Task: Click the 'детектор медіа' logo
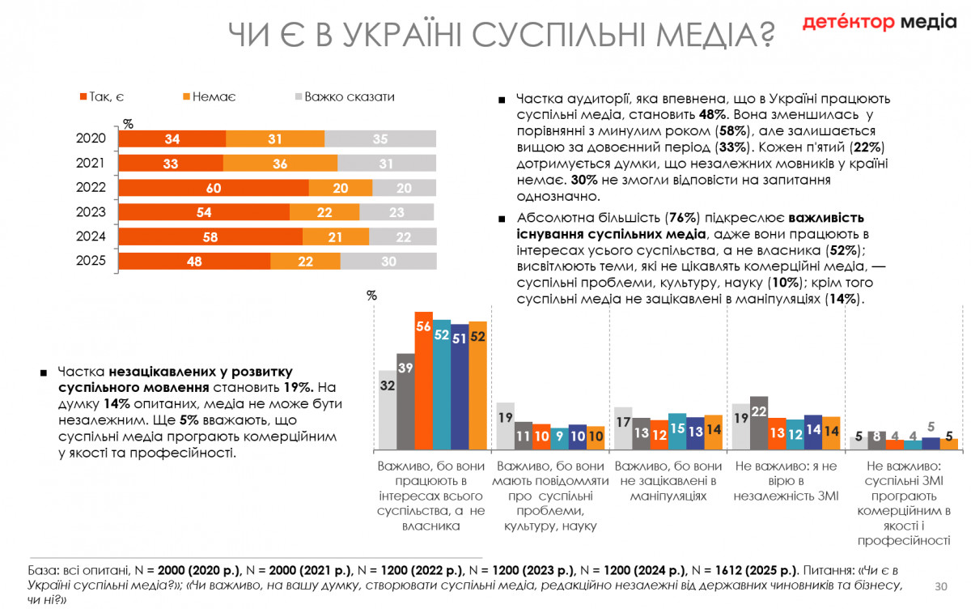click(x=879, y=23)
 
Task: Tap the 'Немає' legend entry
click(x=210, y=97)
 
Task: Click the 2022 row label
click(x=91, y=188)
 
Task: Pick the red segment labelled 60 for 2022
click(x=214, y=188)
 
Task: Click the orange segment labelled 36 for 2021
click(x=280, y=164)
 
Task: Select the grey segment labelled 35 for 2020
click(x=380, y=139)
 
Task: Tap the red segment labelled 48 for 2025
click(x=194, y=262)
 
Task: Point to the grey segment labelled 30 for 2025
click(x=388, y=262)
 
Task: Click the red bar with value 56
click(x=423, y=381)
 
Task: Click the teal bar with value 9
click(x=558, y=438)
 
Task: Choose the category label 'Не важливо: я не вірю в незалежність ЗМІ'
click(x=786, y=481)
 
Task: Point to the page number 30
click(x=940, y=586)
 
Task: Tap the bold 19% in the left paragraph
click(x=297, y=387)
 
